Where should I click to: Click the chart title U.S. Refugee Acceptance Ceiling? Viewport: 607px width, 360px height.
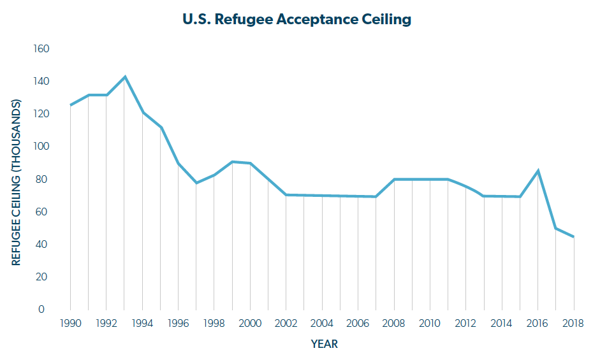point(296,19)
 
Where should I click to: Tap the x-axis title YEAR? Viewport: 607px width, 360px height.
point(324,344)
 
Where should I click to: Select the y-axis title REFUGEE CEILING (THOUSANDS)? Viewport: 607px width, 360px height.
point(17,182)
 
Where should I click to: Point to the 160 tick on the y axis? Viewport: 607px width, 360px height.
point(41,49)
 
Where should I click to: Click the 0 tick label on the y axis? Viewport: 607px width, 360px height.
point(41,310)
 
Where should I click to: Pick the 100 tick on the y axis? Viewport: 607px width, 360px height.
point(41,147)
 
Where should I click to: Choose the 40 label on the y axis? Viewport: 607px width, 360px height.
point(41,245)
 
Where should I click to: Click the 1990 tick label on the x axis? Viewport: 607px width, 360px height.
point(70,323)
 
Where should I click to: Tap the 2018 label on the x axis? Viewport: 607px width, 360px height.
point(574,323)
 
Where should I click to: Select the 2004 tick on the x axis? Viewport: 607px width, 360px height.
point(322,323)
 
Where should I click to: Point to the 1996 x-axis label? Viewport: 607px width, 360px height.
point(178,323)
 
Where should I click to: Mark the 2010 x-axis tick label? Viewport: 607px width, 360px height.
point(430,323)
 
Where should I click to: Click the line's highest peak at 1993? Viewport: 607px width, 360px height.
point(124,77)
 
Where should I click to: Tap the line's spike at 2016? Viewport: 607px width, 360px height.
point(538,171)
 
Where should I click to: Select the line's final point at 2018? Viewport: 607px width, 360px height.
point(574,237)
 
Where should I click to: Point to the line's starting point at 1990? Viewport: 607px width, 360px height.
point(70,105)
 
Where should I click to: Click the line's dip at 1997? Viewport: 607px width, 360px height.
point(196,183)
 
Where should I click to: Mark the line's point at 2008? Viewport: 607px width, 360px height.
point(394,179)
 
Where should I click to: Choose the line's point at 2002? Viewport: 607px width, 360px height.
point(286,195)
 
